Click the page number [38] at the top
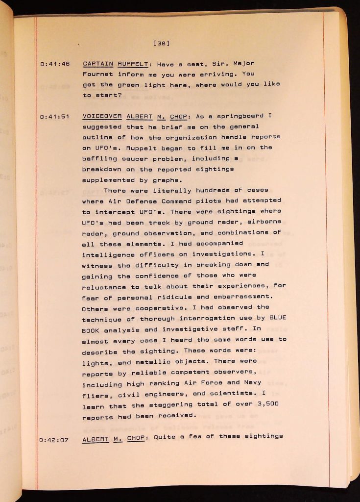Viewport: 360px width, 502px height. (x=161, y=43)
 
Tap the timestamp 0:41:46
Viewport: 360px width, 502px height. (x=54, y=64)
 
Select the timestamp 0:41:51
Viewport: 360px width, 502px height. (x=54, y=117)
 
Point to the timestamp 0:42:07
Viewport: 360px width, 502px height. (x=54, y=440)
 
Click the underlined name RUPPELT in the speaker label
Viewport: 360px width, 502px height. (x=130, y=64)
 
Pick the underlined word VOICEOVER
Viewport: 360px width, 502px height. (x=102, y=117)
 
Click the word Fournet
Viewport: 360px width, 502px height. (x=98, y=74)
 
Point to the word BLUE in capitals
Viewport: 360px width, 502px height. (x=278, y=318)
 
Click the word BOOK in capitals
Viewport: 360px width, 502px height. (x=91, y=329)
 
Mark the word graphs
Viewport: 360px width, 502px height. (x=168, y=179)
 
